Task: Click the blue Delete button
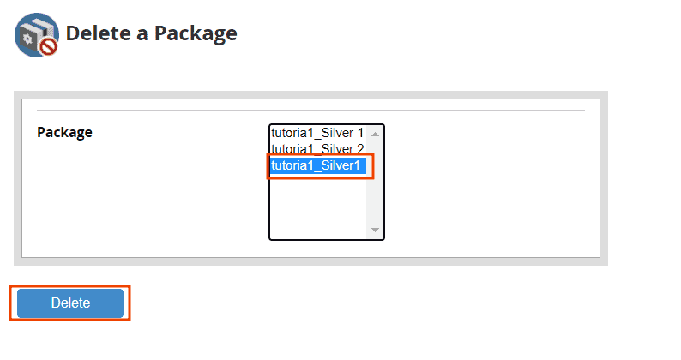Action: pos(70,303)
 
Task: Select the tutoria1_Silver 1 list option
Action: pos(317,133)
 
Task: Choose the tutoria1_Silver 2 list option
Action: pos(317,149)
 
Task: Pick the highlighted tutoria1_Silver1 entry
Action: pos(318,165)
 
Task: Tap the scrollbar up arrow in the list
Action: pos(376,135)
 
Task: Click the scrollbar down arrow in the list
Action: pos(376,230)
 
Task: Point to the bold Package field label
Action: pos(64,133)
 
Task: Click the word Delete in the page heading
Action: pos(98,33)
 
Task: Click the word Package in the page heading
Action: pos(196,34)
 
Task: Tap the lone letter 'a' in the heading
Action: pos(142,35)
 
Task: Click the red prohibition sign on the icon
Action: pos(49,46)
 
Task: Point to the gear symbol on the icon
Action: pos(27,39)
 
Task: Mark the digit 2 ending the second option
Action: pos(360,149)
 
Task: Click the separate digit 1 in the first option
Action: pos(360,133)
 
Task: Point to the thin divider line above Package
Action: pos(311,111)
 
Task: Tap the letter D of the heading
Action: pos(75,33)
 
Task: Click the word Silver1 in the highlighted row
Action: pos(340,165)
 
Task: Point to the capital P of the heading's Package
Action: pos(161,33)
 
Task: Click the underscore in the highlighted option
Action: pos(317,171)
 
